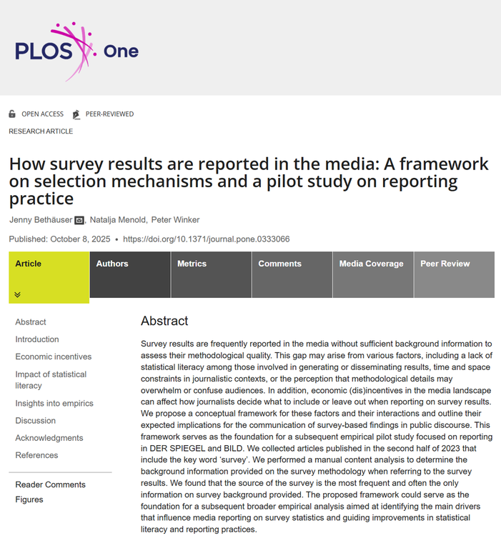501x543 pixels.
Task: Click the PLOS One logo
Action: pyautogui.click(x=76, y=51)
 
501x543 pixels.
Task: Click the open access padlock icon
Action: pyautogui.click(x=12, y=114)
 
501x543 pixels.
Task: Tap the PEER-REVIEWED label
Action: pyautogui.click(x=109, y=114)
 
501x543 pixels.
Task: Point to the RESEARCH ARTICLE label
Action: pyautogui.click(x=41, y=131)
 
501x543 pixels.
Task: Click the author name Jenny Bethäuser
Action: pyautogui.click(x=40, y=219)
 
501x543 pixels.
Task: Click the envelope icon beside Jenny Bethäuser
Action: pyautogui.click(x=79, y=220)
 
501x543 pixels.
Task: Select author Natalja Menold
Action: pyautogui.click(x=118, y=219)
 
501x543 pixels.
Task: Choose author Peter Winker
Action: pyautogui.click(x=176, y=219)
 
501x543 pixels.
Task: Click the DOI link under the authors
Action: pyautogui.click(x=207, y=239)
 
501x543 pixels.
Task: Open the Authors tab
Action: pyautogui.click(x=112, y=264)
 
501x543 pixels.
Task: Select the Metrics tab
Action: pyautogui.click(x=192, y=264)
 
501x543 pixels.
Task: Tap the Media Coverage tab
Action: pyautogui.click(x=371, y=264)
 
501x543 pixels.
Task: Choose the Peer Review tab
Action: pyautogui.click(x=445, y=264)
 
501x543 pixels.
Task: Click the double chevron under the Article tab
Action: pyautogui.click(x=18, y=294)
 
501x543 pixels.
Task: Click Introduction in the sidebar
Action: pyautogui.click(x=37, y=339)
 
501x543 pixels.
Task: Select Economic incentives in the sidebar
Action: pyautogui.click(x=54, y=357)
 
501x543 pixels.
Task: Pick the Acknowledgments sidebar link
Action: pyautogui.click(x=49, y=438)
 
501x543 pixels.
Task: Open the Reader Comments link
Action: pyautogui.click(x=51, y=484)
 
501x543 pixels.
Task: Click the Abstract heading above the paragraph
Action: pyautogui.click(x=164, y=322)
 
